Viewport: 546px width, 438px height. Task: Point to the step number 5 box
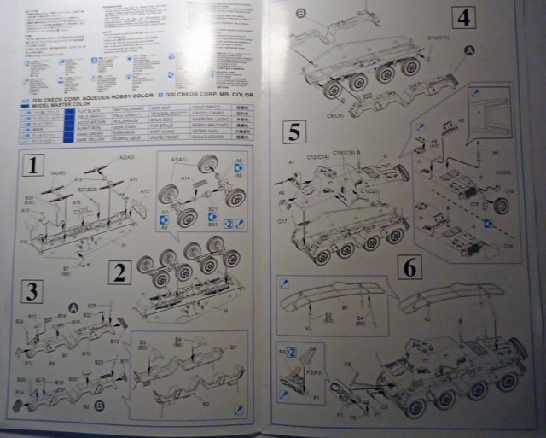(x=295, y=132)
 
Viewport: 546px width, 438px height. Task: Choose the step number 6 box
(x=410, y=267)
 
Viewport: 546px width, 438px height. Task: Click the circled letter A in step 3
(x=73, y=307)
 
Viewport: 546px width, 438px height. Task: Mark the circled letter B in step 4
(x=302, y=12)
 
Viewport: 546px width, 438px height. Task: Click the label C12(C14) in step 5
(x=317, y=156)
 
